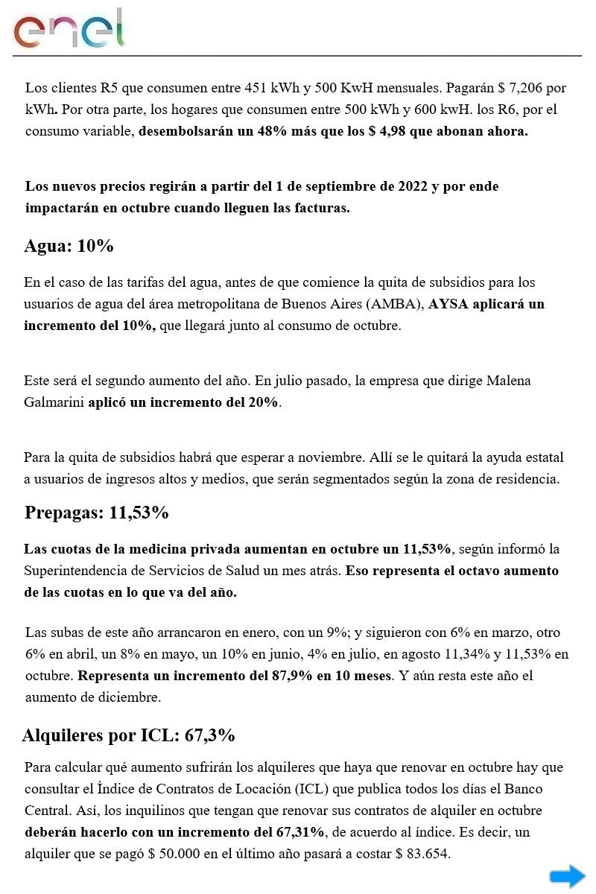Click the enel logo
pyautogui.click(x=69, y=30)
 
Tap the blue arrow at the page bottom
pyautogui.click(x=568, y=876)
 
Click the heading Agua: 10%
pyautogui.click(x=69, y=246)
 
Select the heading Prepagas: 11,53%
pyautogui.click(x=96, y=513)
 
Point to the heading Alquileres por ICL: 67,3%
pyautogui.click(x=129, y=735)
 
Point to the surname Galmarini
pyautogui.click(x=54, y=402)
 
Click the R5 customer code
pyautogui.click(x=110, y=88)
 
